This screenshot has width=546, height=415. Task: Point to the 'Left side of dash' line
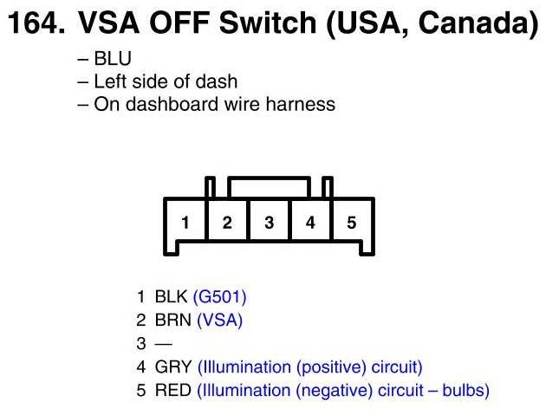click(165, 82)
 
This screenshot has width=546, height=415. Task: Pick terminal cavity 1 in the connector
click(185, 223)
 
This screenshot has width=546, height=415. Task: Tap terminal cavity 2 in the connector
click(227, 223)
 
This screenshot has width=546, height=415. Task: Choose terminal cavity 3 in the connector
click(269, 223)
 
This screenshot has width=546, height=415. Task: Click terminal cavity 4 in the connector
click(310, 223)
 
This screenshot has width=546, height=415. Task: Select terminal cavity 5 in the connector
click(352, 223)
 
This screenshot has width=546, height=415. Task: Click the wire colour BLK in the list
click(171, 297)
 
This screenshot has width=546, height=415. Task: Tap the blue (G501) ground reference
click(219, 297)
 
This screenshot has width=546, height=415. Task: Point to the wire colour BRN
click(172, 321)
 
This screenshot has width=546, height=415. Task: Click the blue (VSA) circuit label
click(220, 321)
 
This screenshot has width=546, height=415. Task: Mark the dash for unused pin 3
click(162, 344)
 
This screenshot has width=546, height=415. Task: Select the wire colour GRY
click(173, 367)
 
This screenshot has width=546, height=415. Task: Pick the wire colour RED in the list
click(172, 391)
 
